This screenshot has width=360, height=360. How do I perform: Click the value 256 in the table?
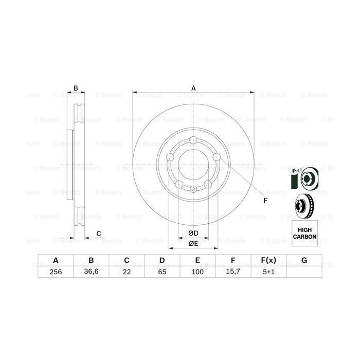(x=56, y=271)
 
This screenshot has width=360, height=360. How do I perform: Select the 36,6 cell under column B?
(x=91, y=271)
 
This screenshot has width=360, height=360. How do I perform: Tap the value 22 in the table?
(x=127, y=271)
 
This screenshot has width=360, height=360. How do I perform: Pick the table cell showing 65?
(x=162, y=271)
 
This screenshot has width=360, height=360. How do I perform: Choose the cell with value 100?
(x=197, y=271)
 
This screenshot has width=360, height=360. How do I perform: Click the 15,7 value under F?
(x=233, y=271)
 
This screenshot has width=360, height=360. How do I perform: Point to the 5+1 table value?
(x=268, y=271)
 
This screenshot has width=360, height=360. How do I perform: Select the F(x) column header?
(x=268, y=260)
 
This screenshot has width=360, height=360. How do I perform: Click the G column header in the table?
(x=304, y=260)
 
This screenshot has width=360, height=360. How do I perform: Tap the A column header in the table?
(x=56, y=260)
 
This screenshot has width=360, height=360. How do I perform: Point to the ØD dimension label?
(x=193, y=233)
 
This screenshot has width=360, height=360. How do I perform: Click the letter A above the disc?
(x=193, y=88)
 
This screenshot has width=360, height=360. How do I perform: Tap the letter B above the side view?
(x=75, y=88)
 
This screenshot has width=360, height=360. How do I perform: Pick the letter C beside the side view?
(x=98, y=235)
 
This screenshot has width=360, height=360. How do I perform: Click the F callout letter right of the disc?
(x=265, y=201)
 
